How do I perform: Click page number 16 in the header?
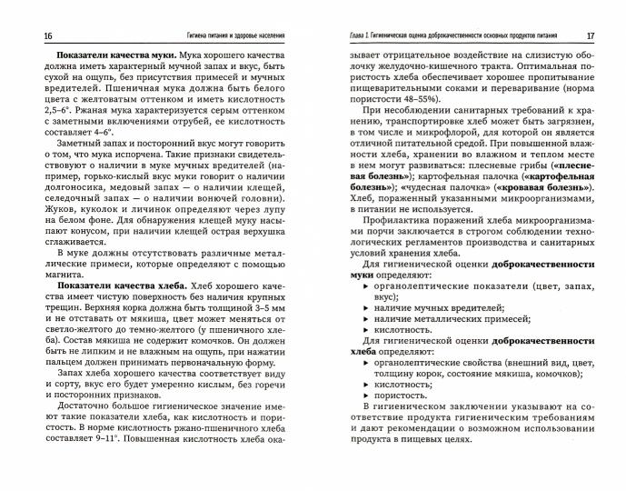35,35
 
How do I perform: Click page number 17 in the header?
590,35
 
